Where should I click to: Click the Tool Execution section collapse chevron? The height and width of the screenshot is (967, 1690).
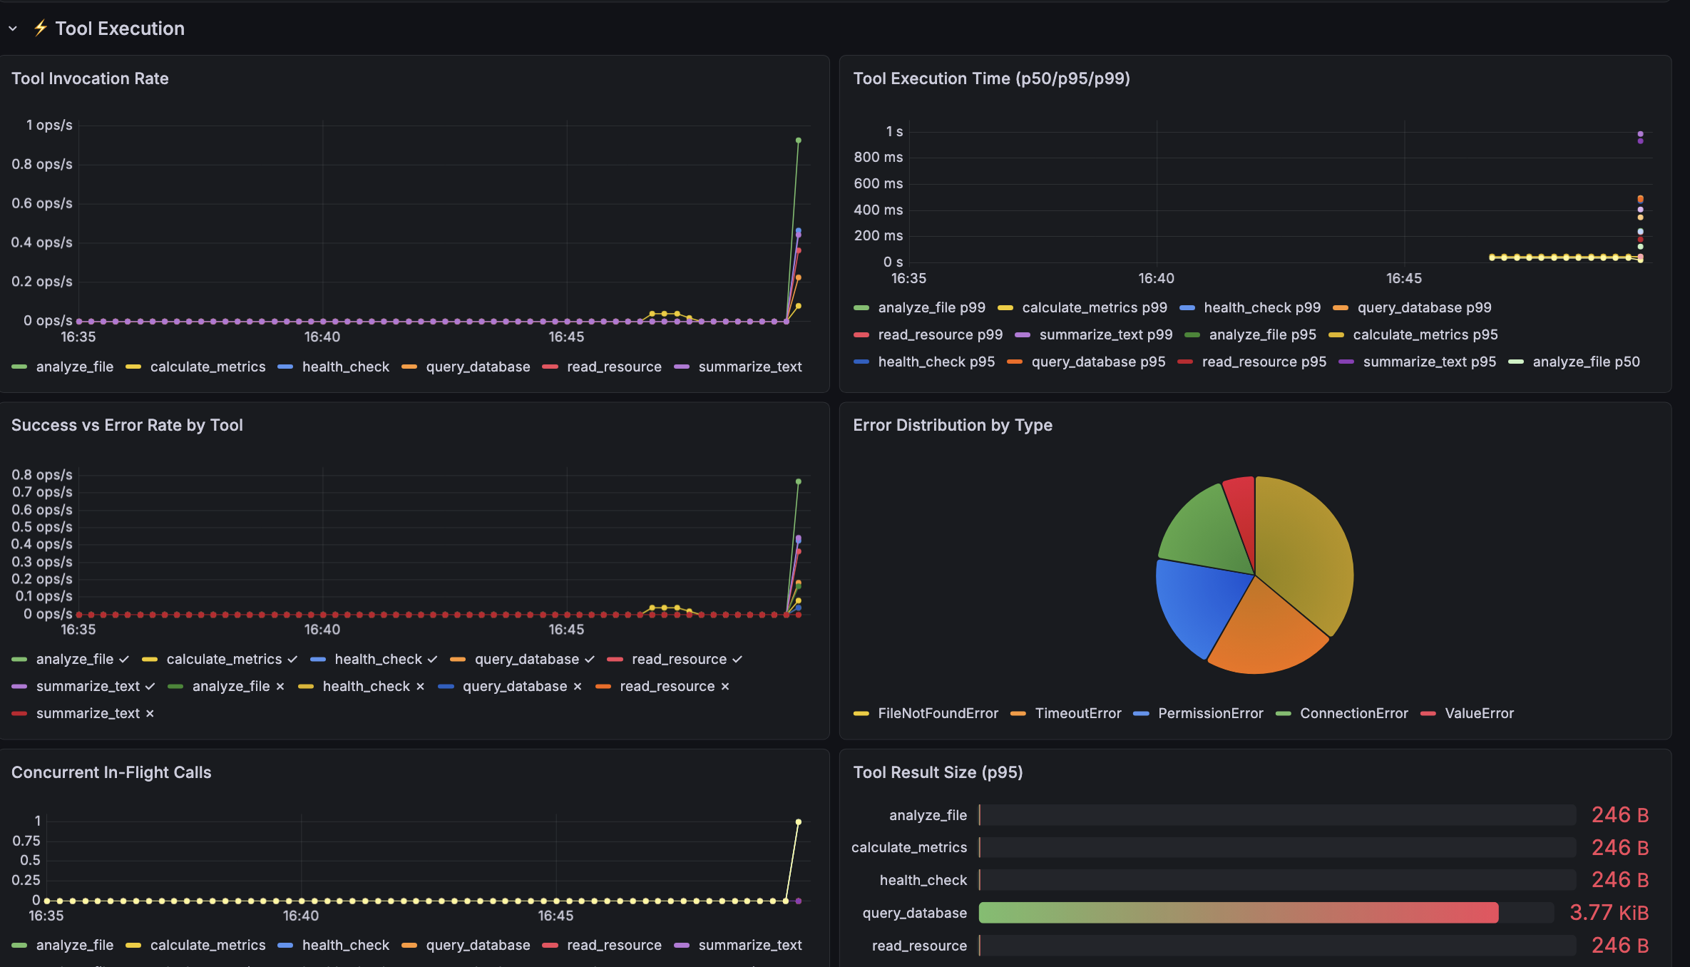click(13, 29)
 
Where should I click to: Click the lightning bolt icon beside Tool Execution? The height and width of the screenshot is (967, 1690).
click(41, 28)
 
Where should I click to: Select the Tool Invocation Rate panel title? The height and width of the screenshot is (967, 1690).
click(90, 78)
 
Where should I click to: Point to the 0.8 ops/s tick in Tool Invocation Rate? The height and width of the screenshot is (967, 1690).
click(42, 164)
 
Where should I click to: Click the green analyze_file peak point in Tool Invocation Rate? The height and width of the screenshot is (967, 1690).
click(798, 140)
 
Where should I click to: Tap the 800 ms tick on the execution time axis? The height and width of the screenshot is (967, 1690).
click(879, 157)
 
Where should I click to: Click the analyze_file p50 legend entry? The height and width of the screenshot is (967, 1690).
click(1574, 362)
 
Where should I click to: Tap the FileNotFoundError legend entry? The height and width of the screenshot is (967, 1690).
click(926, 713)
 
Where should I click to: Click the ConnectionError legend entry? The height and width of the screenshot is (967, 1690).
click(1342, 713)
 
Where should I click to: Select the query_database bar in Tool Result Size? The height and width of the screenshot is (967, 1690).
click(1239, 913)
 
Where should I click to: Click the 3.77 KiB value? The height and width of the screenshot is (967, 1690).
click(1609, 913)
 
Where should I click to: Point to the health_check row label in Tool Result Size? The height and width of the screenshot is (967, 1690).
click(923, 880)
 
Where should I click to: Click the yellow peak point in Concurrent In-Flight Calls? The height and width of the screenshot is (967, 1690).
click(798, 822)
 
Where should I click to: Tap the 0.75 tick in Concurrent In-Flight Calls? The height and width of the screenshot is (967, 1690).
click(26, 841)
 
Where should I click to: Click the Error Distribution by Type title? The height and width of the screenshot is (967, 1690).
click(953, 425)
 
